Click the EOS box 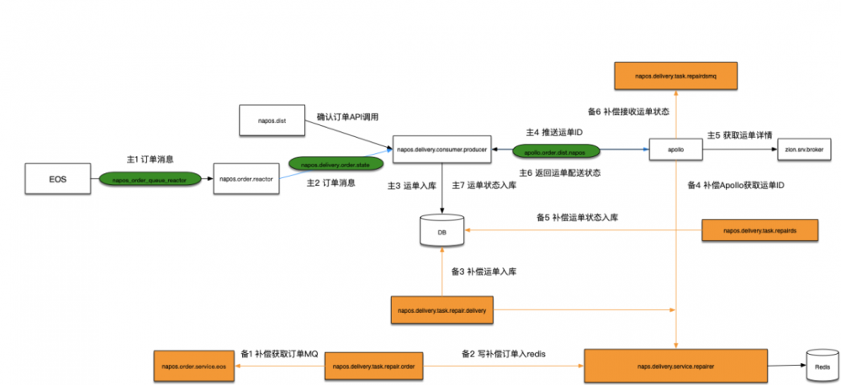57,179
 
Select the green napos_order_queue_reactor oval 150,179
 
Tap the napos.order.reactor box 246,179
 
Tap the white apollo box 676,150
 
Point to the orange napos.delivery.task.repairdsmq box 677,76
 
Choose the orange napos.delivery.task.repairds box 758,229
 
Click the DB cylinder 442,230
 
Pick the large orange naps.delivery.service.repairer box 677,366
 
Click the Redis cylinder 818,366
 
